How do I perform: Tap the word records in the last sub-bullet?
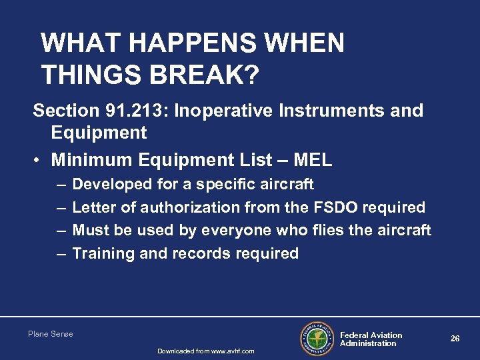tap(201, 253)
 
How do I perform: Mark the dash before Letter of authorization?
tap(61, 207)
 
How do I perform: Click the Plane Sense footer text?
tap(51, 334)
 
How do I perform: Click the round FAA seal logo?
tap(317, 339)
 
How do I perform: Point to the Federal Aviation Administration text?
tap(371, 339)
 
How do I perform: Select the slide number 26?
tap(455, 339)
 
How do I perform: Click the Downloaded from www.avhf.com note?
tap(205, 351)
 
